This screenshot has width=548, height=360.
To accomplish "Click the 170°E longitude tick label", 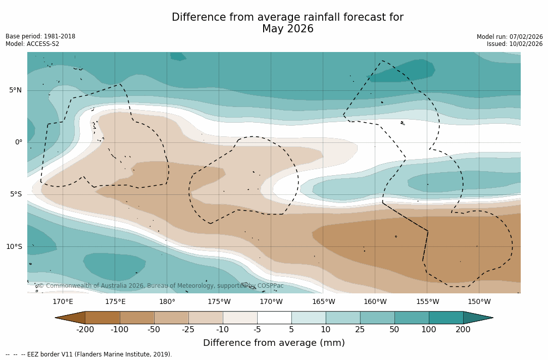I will [x=63, y=302].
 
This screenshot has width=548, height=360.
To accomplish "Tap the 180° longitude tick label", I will [x=167, y=302].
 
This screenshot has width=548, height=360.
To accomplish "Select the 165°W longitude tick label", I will [x=323, y=302].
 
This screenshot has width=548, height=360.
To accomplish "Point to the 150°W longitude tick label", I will [x=479, y=302].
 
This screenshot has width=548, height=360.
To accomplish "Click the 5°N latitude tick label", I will [x=15, y=90].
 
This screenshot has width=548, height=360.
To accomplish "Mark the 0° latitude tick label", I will [x=19, y=142].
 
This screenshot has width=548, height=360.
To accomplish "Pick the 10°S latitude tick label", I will [x=14, y=247].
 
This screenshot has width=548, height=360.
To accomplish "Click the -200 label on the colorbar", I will [x=85, y=330].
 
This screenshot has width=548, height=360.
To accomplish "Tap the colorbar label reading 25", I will [x=360, y=330].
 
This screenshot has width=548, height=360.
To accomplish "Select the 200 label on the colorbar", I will [x=463, y=330].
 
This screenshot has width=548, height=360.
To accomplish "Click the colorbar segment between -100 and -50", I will [x=137, y=318].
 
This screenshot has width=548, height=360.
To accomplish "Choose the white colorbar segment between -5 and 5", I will [x=274, y=318].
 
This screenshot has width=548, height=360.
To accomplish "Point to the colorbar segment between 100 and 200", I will [x=446, y=318].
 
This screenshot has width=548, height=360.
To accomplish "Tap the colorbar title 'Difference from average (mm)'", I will [x=274, y=343].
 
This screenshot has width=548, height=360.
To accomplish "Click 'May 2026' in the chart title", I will [x=287, y=29].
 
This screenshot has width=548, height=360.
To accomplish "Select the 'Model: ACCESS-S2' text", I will [x=32, y=44].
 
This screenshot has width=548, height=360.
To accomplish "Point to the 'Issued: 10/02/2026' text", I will [x=515, y=44].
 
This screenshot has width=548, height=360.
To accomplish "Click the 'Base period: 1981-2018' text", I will [x=40, y=36].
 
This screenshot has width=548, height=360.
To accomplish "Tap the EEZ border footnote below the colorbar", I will [x=88, y=354].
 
